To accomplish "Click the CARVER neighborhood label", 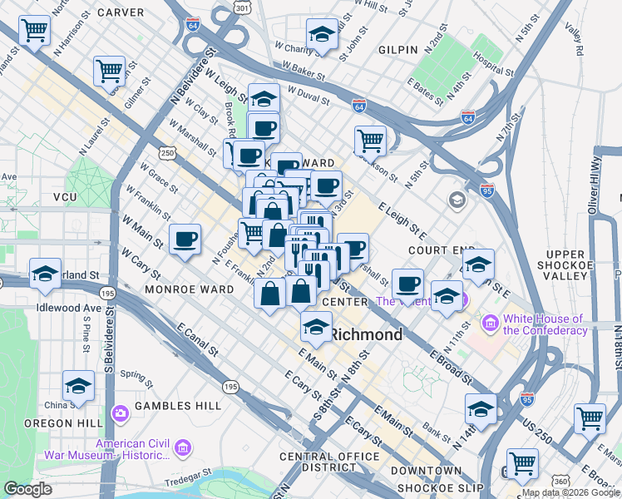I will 121,12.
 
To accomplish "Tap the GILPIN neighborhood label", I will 398,50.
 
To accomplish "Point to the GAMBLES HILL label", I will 180,405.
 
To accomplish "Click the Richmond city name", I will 367,334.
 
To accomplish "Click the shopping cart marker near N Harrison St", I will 34,31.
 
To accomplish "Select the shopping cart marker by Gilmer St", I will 109,71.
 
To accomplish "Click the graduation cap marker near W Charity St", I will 322,33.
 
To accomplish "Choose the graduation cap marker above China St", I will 78,386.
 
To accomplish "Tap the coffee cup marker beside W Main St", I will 185,240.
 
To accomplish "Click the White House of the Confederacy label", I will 544,324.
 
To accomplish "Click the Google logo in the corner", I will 28,489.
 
